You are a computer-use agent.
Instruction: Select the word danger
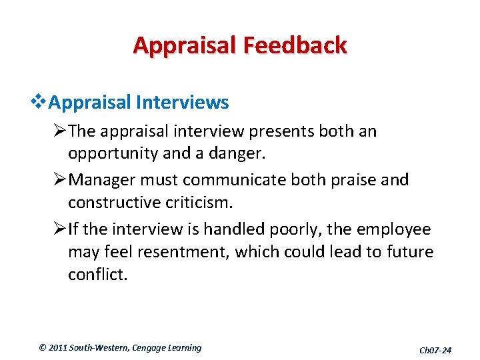click(237, 154)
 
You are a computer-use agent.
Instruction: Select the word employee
click(399, 229)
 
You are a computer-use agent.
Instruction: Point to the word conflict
click(97, 275)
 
